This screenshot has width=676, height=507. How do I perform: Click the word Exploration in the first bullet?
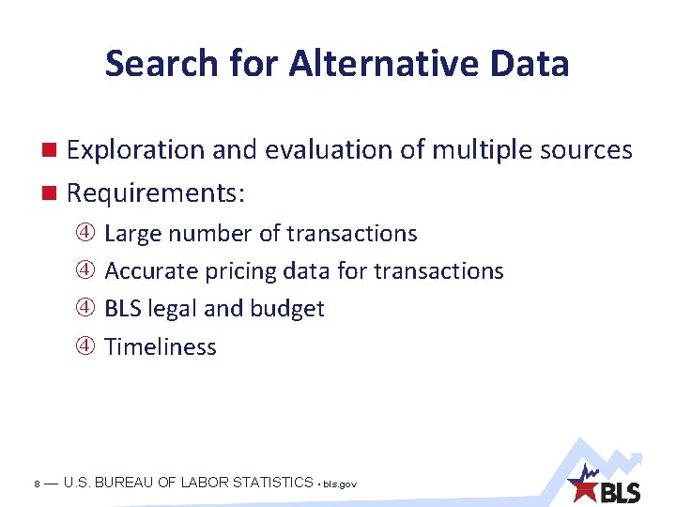(135, 150)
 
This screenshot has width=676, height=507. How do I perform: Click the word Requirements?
(155, 193)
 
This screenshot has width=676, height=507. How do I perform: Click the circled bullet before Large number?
(85, 234)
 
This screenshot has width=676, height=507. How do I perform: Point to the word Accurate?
(144, 271)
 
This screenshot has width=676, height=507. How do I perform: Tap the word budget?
(287, 309)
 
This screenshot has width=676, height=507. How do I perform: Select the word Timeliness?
(161, 346)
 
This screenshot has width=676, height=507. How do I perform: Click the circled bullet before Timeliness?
(85, 346)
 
